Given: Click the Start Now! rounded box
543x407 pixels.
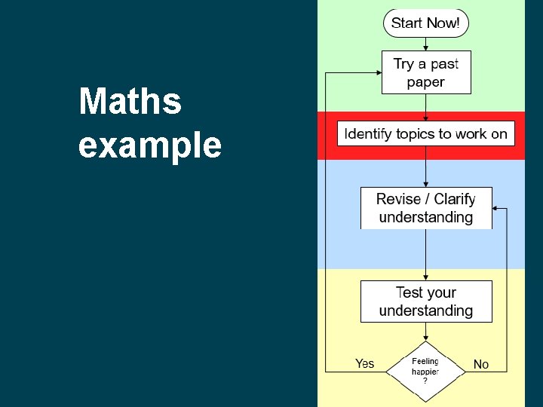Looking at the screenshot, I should point(426,23).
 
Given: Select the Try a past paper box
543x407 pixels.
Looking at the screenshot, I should point(426,72).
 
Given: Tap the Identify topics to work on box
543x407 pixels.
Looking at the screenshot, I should point(426,134).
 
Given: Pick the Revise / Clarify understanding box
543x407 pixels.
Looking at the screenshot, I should point(426,208).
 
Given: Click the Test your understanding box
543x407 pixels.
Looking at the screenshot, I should point(426,301).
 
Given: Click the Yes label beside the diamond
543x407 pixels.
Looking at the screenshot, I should point(364,364).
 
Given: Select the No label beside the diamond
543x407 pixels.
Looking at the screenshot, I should point(481,364).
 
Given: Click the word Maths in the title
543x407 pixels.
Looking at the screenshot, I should point(130,102).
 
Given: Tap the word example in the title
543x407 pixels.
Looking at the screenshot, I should point(150,145).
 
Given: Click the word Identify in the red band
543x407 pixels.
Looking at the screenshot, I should point(369,134).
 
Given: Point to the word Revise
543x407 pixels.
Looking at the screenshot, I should point(398,199).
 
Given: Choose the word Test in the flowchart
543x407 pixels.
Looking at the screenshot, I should point(410,292).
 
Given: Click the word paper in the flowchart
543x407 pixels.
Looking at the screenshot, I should point(426,82).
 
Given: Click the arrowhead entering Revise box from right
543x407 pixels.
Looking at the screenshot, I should point(496,208).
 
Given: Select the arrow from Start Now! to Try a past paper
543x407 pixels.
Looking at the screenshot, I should point(426,43).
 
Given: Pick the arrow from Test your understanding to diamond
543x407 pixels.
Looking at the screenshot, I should point(426,332).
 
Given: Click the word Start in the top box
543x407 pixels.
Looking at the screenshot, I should point(406,23).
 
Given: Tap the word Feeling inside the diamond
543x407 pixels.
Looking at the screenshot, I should point(425,362).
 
